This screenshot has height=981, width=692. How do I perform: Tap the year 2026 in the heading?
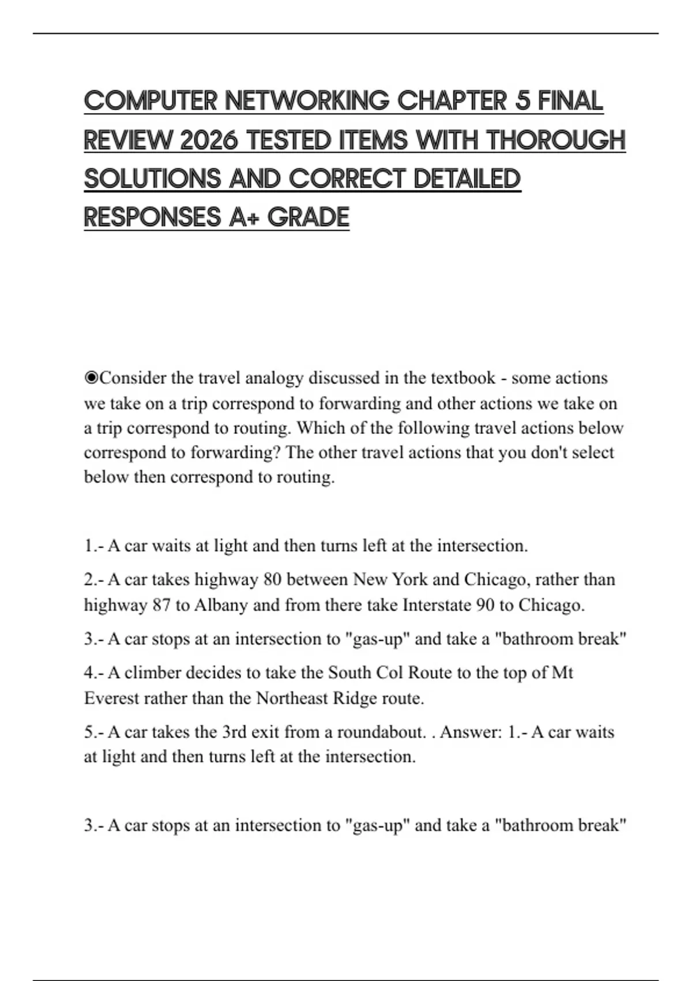tap(208, 140)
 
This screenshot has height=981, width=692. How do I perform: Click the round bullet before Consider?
tap(91, 378)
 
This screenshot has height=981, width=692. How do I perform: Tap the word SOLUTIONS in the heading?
tap(152, 179)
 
